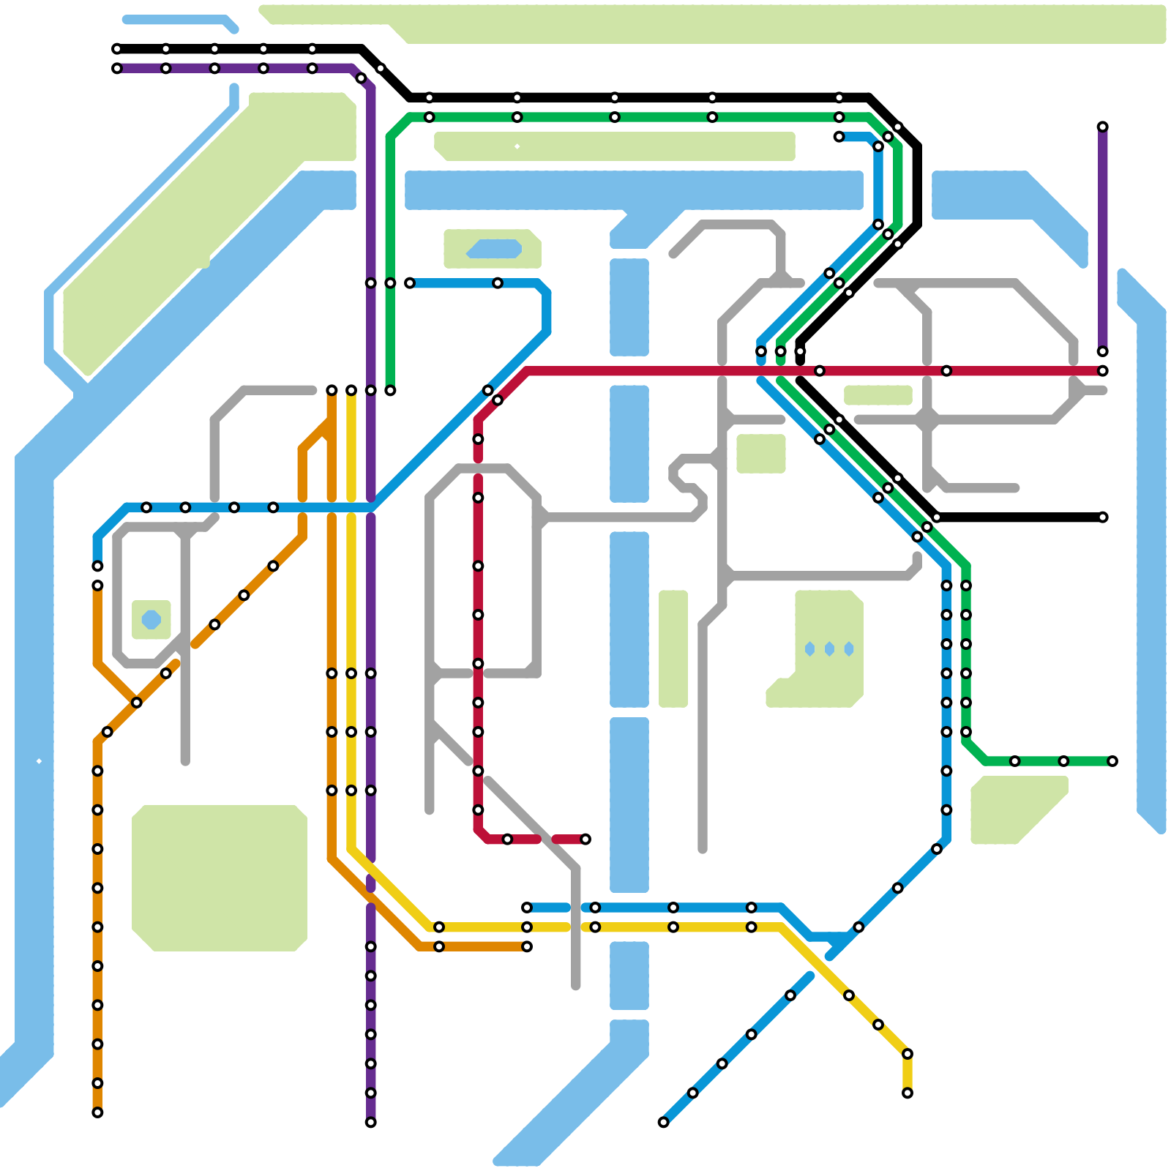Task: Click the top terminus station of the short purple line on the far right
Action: pyautogui.click(x=1102, y=127)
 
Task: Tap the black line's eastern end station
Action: pyautogui.click(x=1102, y=517)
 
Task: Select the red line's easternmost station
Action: pyautogui.click(x=1102, y=371)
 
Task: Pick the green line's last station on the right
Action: pyautogui.click(x=1112, y=761)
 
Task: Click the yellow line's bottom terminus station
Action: pyautogui.click(x=908, y=1093)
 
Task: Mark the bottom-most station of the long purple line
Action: pyautogui.click(x=370, y=1123)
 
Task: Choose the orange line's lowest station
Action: pyautogui.click(x=97, y=1112)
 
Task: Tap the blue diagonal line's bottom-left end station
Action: pyautogui.click(x=663, y=1123)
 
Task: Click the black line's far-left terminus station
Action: pyautogui.click(x=117, y=49)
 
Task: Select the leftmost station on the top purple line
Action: pyautogui.click(x=117, y=69)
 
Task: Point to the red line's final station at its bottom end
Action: pyautogui.click(x=585, y=839)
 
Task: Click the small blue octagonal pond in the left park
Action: pyautogui.click(x=151, y=619)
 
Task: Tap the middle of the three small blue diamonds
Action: pyautogui.click(x=829, y=649)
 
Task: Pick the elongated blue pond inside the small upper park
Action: pyautogui.click(x=494, y=249)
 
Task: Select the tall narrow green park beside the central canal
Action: pyautogui.click(x=673, y=648)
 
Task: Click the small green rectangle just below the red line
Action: pyautogui.click(x=878, y=395)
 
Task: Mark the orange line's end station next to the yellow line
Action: pyautogui.click(x=527, y=947)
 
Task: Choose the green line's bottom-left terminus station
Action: pyautogui.click(x=390, y=391)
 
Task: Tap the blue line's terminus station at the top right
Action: pyautogui.click(x=839, y=137)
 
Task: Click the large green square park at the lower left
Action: pyautogui.click(x=219, y=878)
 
